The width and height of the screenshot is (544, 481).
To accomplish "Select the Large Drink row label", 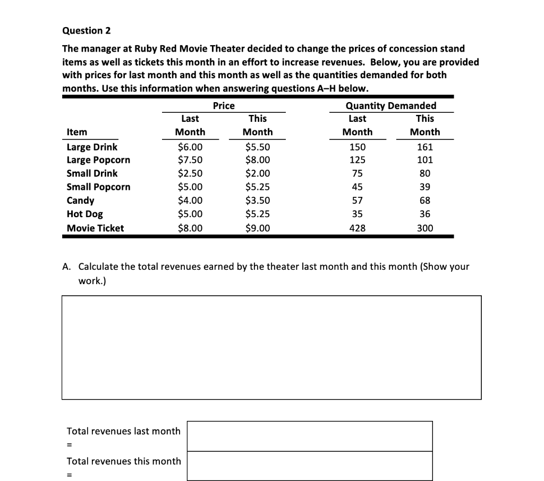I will (x=92, y=147).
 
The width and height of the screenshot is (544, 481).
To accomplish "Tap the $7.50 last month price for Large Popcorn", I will (x=190, y=160).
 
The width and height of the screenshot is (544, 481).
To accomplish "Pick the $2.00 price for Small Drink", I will (x=258, y=173).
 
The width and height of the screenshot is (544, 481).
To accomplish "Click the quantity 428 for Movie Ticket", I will (x=357, y=228).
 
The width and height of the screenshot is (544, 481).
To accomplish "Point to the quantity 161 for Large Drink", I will (x=425, y=147).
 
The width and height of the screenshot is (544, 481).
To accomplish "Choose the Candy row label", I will (x=80, y=201).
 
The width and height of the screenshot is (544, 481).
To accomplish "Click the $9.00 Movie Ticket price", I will (x=258, y=228).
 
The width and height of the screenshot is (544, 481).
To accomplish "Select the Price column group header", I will (x=224, y=106).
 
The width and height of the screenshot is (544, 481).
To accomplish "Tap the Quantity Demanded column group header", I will (x=390, y=106).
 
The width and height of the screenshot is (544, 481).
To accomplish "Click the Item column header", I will (x=77, y=132).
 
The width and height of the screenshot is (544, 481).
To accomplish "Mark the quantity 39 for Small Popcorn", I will (x=425, y=187).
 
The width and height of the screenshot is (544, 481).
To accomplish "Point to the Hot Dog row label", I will (x=85, y=214).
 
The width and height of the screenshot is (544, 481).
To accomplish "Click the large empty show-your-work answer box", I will (x=271, y=347).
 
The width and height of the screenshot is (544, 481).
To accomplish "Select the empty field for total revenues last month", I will (x=310, y=436).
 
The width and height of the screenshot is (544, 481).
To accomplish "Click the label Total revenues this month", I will (x=124, y=461).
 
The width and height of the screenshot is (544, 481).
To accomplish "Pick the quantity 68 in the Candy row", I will (x=425, y=201).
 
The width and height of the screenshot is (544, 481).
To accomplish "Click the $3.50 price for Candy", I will (x=258, y=201).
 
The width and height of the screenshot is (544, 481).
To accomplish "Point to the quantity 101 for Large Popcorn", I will (x=425, y=160).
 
